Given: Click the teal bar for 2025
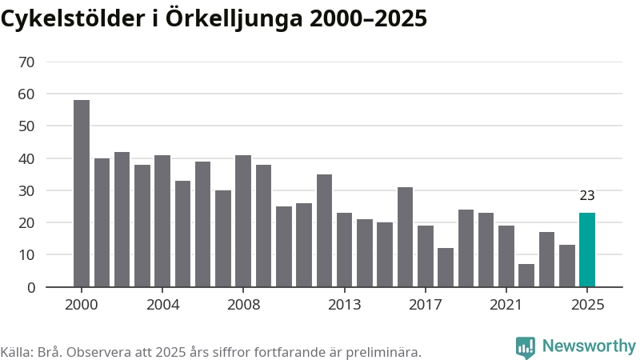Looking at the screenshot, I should pyautogui.click(x=587, y=250).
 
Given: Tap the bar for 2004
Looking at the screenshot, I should pyautogui.click(x=162, y=221).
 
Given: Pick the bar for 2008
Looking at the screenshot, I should pyautogui.click(x=243, y=221).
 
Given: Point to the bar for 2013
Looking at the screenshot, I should pyautogui.click(x=344, y=250).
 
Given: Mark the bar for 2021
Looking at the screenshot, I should pyautogui.click(x=506, y=256).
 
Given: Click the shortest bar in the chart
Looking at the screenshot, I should pyautogui.click(x=526, y=275).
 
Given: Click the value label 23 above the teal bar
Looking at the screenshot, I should pyautogui.click(x=587, y=195).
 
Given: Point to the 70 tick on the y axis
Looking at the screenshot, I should pyautogui.click(x=26, y=62).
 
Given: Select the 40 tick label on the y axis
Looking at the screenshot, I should pyautogui.click(x=26, y=158).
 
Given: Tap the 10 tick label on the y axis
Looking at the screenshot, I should pyautogui.click(x=26, y=255).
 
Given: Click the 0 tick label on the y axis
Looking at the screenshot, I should pyautogui.click(x=31, y=287).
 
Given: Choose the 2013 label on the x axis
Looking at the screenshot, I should pyautogui.click(x=344, y=305).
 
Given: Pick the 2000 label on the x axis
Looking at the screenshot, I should pyautogui.click(x=82, y=305).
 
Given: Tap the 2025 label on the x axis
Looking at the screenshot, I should pyautogui.click(x=587, y=305).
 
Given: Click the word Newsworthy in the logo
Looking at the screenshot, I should pyautogui.click(x=589, y=346).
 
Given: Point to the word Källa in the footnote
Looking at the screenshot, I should pyautogui.click(x=15, y=352).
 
